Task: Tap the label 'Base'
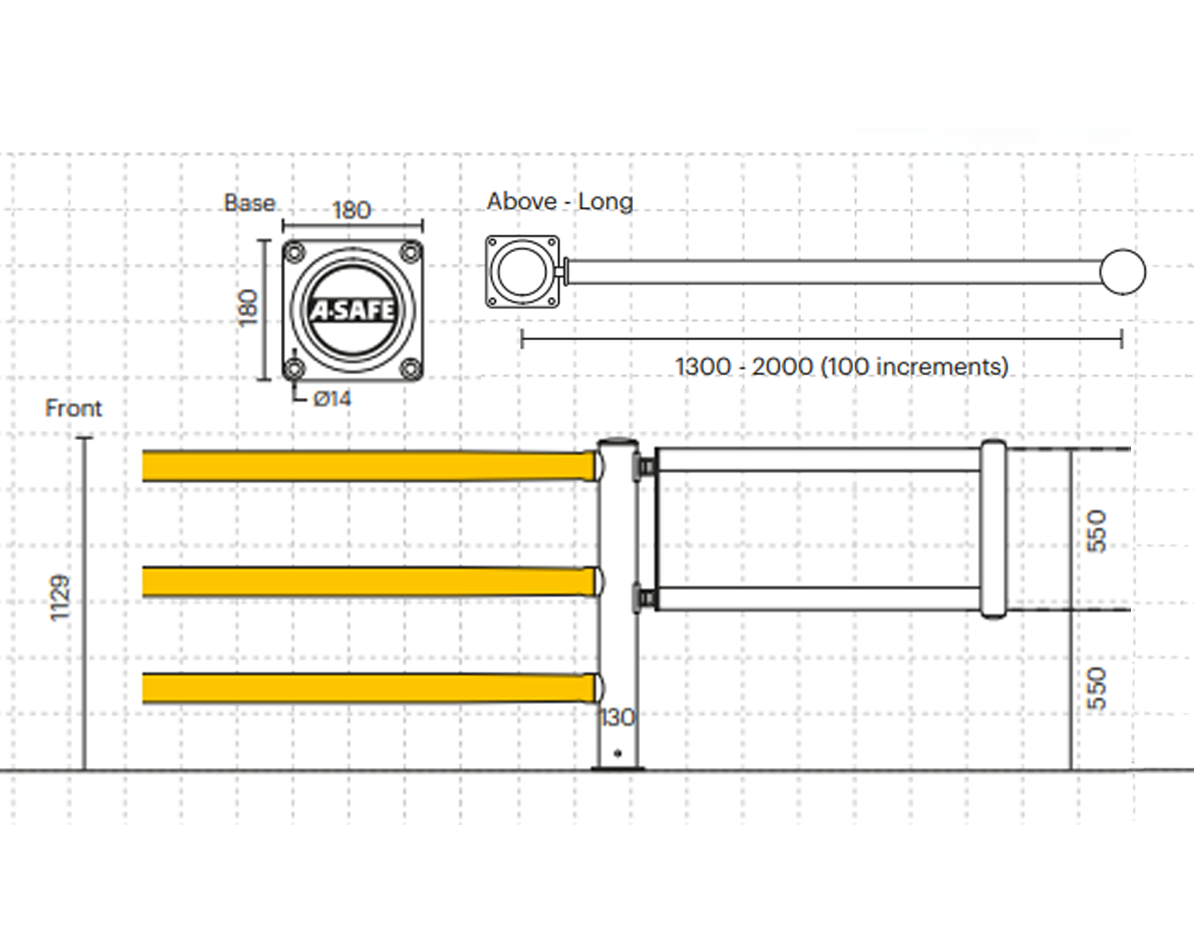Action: (249, 203)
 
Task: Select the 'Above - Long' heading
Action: (559, 202)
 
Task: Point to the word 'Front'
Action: (73, 409)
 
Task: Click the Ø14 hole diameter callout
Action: (332, 399)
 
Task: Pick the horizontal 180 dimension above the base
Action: (352, 210)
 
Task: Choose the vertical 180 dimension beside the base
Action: (249, 308)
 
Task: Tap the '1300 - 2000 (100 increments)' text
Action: (842, 367)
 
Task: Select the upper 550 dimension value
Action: (1096, 531)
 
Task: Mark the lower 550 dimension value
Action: (1096, 689)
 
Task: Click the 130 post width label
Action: (617, 718)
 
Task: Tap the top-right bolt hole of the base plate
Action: (410, 252)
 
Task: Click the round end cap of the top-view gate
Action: (1122, 272)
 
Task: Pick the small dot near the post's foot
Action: (618, 753)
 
